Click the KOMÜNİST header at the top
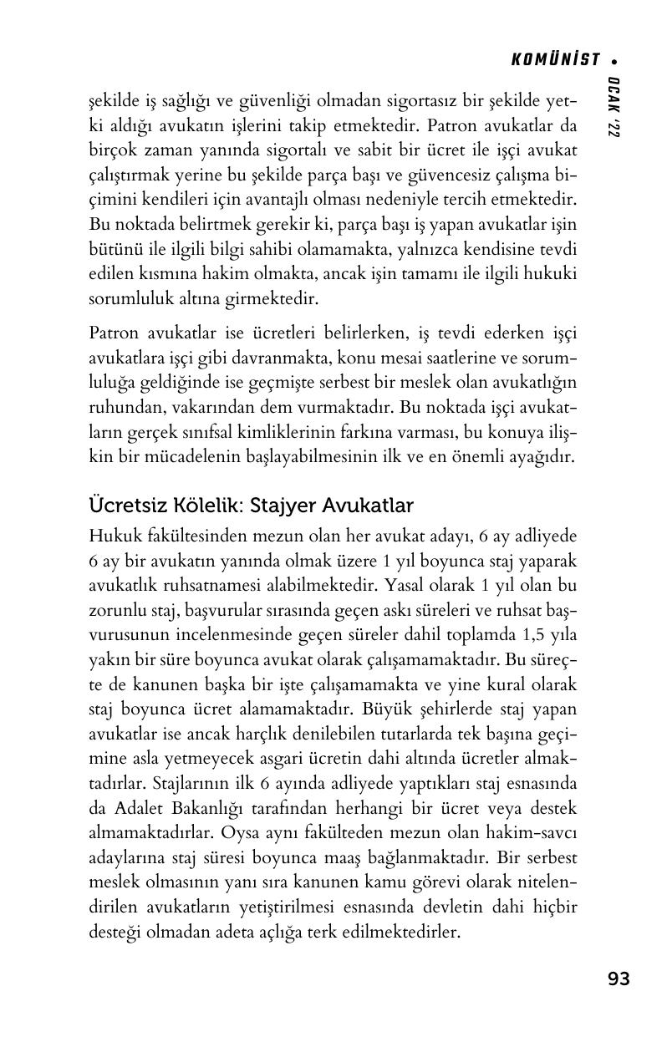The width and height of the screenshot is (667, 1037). (555, 59)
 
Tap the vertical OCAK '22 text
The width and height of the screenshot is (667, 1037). (614, 107)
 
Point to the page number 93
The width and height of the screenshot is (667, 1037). (619, 979)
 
